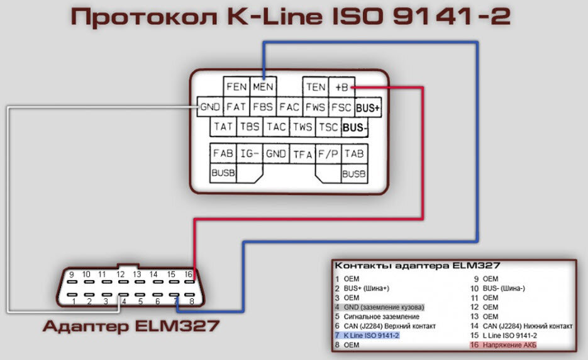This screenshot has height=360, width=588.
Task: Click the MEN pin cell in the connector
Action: tap(263, 87)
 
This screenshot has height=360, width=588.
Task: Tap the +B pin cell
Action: tap(341, 87)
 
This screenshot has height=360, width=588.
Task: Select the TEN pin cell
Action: tap(315, 87)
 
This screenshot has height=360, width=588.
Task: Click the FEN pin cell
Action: tap(236, 87)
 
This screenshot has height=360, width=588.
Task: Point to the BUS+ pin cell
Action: tap(368, 108)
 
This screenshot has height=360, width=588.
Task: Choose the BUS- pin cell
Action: tap(355, 128)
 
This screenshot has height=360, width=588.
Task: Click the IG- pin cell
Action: tap(250, 154)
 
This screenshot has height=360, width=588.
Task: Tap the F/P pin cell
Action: tap(328, 154)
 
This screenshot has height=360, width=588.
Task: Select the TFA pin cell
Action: tap(302, 154)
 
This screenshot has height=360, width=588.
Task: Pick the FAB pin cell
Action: tap(223, 154)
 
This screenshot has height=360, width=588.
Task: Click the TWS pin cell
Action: tap(302, 127)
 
